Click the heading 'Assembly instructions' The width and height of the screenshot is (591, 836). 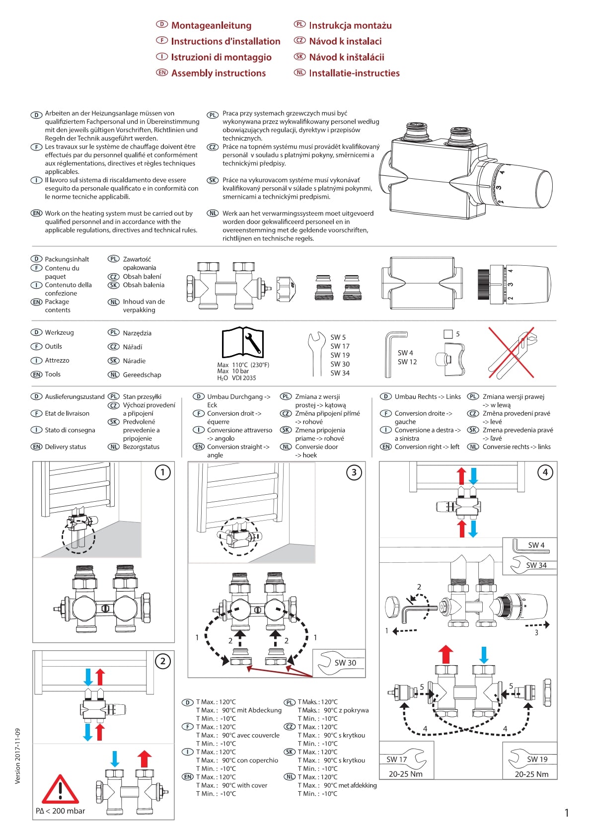(x=218, y=73)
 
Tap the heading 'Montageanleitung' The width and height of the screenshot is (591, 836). (x=211, y=25)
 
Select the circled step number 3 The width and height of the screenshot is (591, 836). (x=354, y=472)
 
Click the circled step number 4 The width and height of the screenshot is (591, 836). (x=545, y=472)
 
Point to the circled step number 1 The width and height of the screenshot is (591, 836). (x=162, y=472)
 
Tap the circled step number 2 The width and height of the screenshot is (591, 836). (x=162, y=661)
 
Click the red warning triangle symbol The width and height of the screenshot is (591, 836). (x=60, y=790)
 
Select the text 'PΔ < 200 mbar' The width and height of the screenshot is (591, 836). (x=60, y=811)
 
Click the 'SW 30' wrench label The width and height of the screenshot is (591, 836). (x=345, y=663)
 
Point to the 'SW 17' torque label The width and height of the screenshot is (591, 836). (x=397, y=760)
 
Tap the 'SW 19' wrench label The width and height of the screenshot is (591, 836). (x=537, y=760)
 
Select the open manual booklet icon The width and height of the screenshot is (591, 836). (x=242, y=343)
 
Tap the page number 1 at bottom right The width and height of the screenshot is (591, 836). (x=567, y=813)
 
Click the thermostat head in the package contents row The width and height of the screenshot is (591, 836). (x=514, y=285)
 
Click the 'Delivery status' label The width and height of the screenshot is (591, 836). (x=65, y=447)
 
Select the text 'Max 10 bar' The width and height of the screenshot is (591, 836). (x=233, y=371)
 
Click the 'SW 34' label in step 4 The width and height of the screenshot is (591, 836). (x=536, y=565)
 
